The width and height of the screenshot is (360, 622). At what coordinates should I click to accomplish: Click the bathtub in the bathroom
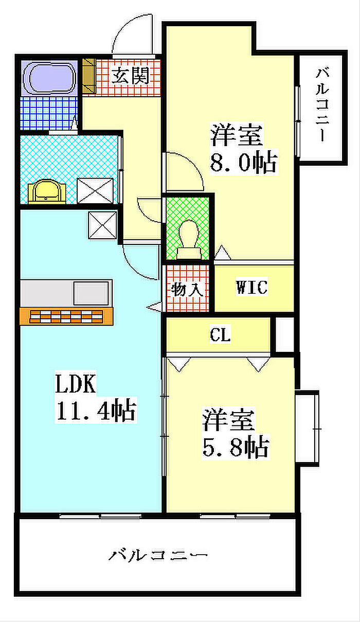pos(50,78)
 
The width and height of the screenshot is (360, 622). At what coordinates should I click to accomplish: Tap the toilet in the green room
pos(189,239)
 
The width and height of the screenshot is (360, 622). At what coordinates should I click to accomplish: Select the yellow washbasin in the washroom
pos(47,191)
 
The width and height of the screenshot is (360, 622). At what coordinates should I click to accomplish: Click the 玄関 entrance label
pos(131,76)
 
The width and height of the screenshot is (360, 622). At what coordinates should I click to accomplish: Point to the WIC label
pos(252,287)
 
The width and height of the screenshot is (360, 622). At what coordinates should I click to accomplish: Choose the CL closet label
pos(220,334)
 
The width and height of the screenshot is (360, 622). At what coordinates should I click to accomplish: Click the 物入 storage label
pos(187,290)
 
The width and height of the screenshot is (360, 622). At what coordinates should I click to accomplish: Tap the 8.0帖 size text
pos(244,162)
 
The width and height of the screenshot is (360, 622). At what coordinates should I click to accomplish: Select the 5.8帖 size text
pos(236,448)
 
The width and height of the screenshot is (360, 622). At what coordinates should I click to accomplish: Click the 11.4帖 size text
pos(96,410)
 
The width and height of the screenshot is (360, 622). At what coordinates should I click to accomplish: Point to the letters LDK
pos(76,383)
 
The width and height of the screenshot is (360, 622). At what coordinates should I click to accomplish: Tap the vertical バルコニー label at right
pos(322,104)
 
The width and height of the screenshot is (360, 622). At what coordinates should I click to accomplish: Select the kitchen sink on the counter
pos(92,293)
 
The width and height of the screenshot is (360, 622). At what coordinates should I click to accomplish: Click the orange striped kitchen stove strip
pos(66,316)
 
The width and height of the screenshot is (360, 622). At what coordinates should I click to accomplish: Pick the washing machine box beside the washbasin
pos(95,191)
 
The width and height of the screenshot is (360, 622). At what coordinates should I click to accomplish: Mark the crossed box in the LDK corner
pos(102,225)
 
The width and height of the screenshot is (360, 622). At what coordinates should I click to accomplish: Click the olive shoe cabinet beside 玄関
pos(89,76)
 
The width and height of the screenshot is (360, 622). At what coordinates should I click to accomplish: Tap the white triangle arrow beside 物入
pos(154,307)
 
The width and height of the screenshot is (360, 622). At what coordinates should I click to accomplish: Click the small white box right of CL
pos(284,334)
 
